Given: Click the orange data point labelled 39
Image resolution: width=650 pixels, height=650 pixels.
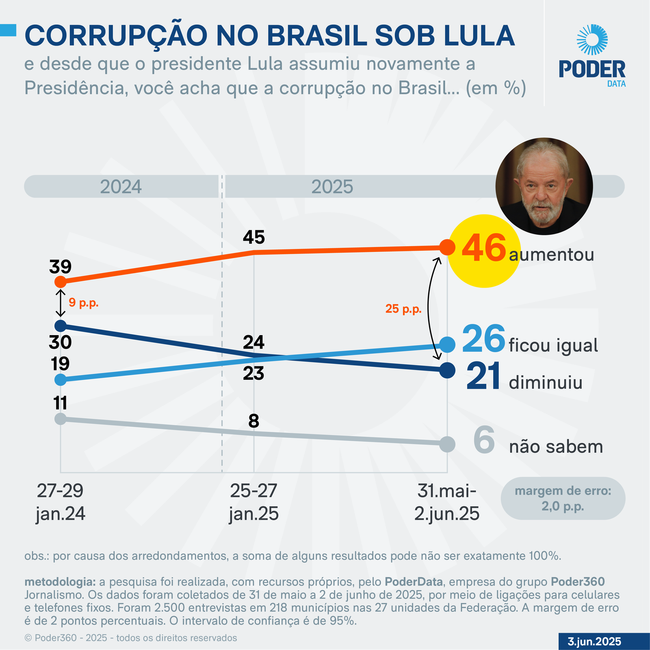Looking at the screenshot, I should click(x=60, y=282).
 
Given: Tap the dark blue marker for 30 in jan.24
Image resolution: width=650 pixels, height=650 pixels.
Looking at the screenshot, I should click(x=60, y=325).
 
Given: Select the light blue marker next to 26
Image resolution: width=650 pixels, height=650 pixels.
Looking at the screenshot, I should click(x=447, y=344).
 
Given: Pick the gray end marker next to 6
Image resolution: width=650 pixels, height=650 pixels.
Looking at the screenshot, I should click(x=447, y=444).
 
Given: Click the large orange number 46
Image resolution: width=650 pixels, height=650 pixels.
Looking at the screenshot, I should click(x=483, y=248).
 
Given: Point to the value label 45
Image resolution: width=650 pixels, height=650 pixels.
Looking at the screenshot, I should click(x=254, y=237).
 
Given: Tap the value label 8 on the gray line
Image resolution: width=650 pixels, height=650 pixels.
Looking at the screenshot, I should click(x=254, y=421).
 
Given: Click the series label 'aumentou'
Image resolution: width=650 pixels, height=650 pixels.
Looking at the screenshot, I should click(x=551, y=255).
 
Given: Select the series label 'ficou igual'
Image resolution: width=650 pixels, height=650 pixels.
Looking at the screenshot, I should click(x=553, y=345).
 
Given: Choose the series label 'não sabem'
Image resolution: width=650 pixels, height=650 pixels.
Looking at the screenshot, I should click(x=556, y=447).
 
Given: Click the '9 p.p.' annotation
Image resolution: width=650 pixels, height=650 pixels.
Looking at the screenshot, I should click(x=84, y=303).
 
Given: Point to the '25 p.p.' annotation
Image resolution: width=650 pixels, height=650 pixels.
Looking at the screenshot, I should click(x=403, y=309).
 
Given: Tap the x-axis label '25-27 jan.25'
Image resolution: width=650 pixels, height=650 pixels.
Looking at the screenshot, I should click(x=254, y=502).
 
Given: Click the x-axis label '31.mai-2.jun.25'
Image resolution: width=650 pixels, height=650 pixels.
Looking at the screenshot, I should click(x=447, y=502).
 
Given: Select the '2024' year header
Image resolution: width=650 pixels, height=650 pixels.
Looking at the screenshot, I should click(x=121, y=187).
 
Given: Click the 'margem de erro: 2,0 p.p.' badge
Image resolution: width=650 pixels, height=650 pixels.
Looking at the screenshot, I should click(x=563, y=498).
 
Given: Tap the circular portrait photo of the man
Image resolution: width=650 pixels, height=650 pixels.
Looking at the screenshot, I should click(x=544, y=186).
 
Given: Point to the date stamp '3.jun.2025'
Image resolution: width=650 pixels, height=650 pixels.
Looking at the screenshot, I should click(x=594, y=641).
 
